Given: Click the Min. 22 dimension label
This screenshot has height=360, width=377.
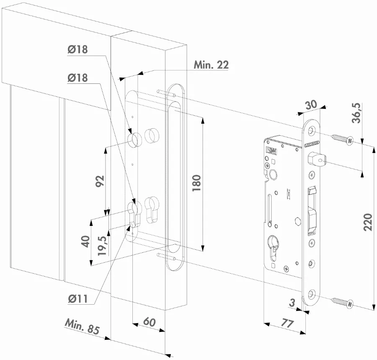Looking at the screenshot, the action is [211, 65].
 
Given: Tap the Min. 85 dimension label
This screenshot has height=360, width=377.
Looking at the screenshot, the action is [82, 327].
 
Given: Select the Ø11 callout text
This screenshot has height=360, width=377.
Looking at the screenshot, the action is [77, 299].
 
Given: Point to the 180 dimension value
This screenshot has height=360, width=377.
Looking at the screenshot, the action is [196, 183].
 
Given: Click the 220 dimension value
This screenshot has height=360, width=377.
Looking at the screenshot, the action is [368, 222].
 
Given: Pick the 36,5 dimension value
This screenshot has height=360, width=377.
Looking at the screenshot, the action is [356, 113].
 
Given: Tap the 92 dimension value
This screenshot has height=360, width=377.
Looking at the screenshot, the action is [100, 181].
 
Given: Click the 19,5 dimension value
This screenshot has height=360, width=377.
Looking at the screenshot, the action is [102, 246].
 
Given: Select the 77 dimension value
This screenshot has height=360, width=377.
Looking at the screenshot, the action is [287, 324].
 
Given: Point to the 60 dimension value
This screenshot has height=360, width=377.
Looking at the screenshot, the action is [149, 322].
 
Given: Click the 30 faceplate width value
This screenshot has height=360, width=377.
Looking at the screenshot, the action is [311, 105].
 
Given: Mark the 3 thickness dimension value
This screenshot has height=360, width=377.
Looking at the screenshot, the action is [292, 303].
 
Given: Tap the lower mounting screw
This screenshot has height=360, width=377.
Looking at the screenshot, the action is [343, 302].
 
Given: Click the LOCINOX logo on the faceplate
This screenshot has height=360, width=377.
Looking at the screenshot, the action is [312, 145].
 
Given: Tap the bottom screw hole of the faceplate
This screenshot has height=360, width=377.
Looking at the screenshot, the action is [311, 294].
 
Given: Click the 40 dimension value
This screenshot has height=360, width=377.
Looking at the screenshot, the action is [85, 241].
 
